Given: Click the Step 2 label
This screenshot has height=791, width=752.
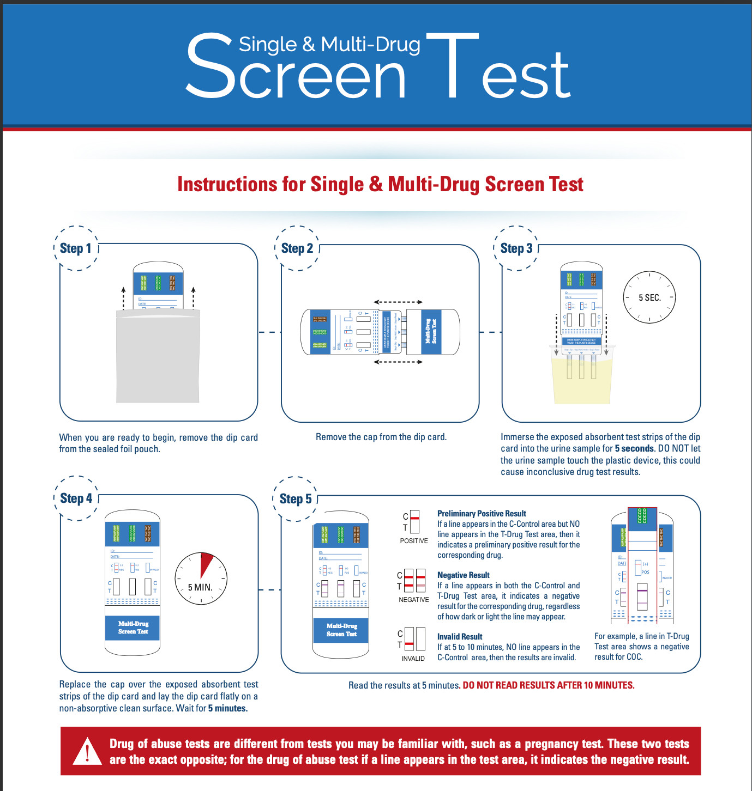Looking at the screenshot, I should coord(297,248).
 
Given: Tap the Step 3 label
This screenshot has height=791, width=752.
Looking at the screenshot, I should coord(516,248).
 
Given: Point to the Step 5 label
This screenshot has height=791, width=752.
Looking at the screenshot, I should coord(296,499).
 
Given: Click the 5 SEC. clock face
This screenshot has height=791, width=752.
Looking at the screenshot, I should coord(649,297).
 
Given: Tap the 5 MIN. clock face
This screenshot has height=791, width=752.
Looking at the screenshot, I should coord(201,579).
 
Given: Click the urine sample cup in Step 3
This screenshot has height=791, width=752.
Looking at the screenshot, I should coord(581,376).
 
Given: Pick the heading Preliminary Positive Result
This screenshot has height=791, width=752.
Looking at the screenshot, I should coord(482,513).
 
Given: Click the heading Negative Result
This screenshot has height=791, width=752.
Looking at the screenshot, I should coord(463,575).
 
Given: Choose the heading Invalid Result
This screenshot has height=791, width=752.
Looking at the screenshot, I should coord(460,636).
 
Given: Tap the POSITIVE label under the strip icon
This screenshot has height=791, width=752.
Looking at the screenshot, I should coord(414,541).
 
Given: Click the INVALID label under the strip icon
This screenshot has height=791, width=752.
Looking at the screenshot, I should coord(413,659).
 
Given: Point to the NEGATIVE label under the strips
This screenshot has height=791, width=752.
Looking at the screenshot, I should coord(414,600).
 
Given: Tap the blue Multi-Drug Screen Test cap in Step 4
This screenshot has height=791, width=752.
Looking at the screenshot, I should coord(133,628).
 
